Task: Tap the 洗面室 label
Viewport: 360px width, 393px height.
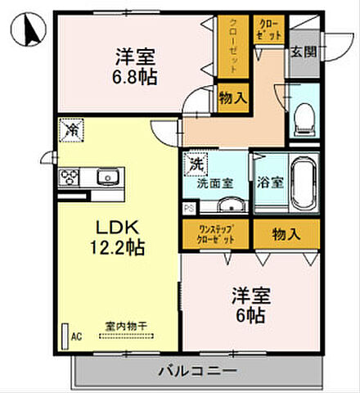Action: pyautogui.click(x=214, y=183)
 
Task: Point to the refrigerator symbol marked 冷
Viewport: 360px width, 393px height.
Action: pyautogui.click(x=71, y=129)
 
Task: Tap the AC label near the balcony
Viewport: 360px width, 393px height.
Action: pyautogui.click(x=76, y=336)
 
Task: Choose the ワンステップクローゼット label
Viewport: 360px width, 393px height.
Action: pyautogui.click(x=215, y=234)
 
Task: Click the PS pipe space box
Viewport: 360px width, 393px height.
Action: pyautogui.click(x=188, y=209)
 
